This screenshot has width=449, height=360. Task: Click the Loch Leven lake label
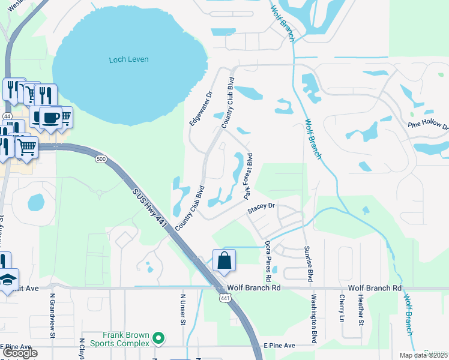point(128,59)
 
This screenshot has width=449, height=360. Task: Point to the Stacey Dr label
point(261,207)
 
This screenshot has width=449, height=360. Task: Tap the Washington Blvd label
point(314,319)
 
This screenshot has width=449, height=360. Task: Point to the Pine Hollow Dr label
point(429,125)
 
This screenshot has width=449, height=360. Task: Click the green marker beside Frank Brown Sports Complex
point(158,339)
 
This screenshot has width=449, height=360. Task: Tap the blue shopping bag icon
point(224,260)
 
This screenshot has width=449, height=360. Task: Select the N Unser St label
point(183,310)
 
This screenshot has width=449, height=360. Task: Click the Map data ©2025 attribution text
point(424,355)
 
